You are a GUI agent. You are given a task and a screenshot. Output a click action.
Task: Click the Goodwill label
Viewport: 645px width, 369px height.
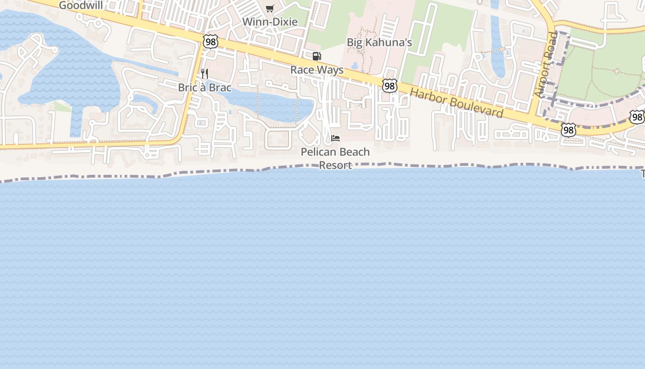[81, 6]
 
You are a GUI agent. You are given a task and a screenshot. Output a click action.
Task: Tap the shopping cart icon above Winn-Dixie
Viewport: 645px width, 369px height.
[270, 8]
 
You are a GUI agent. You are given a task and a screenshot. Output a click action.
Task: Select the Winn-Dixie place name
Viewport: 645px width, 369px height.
[270, 22]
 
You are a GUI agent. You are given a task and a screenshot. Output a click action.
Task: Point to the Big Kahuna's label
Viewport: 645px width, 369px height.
[379, 42]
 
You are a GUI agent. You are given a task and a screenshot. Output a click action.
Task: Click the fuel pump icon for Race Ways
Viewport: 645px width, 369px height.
[317, 56]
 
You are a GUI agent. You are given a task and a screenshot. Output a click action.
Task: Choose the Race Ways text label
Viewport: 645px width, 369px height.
[317, 70]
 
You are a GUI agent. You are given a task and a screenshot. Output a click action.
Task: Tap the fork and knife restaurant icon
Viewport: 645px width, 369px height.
[205, 73]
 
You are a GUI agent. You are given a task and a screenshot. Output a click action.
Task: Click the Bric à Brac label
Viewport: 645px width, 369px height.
[205, 87]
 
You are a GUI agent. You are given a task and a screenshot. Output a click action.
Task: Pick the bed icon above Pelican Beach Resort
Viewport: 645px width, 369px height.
[335, 138]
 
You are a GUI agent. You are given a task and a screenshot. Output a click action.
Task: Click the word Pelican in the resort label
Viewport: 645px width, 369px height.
[317, 152]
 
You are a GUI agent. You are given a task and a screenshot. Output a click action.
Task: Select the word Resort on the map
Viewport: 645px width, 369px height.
[335, 165]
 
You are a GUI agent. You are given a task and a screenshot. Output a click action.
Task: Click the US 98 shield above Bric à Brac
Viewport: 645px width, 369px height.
[210, 42]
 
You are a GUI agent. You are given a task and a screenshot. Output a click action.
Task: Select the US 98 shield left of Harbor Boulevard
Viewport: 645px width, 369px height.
[389, 85]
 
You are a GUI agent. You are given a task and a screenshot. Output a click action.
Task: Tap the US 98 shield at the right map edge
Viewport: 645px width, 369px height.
[637, 117]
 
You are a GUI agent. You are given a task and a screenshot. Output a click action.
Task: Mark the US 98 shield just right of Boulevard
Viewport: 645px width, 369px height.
[569, 130]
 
